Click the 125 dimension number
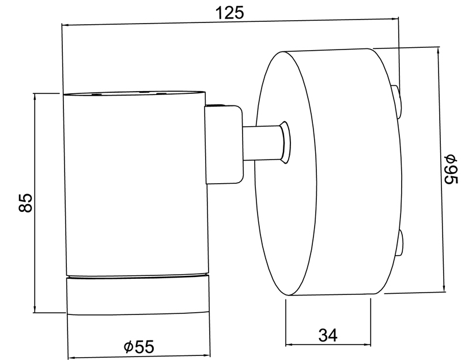coord(229,13)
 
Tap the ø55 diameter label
coord(139,347)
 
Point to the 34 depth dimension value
coord(328,335)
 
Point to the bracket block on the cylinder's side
coord(224,145)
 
